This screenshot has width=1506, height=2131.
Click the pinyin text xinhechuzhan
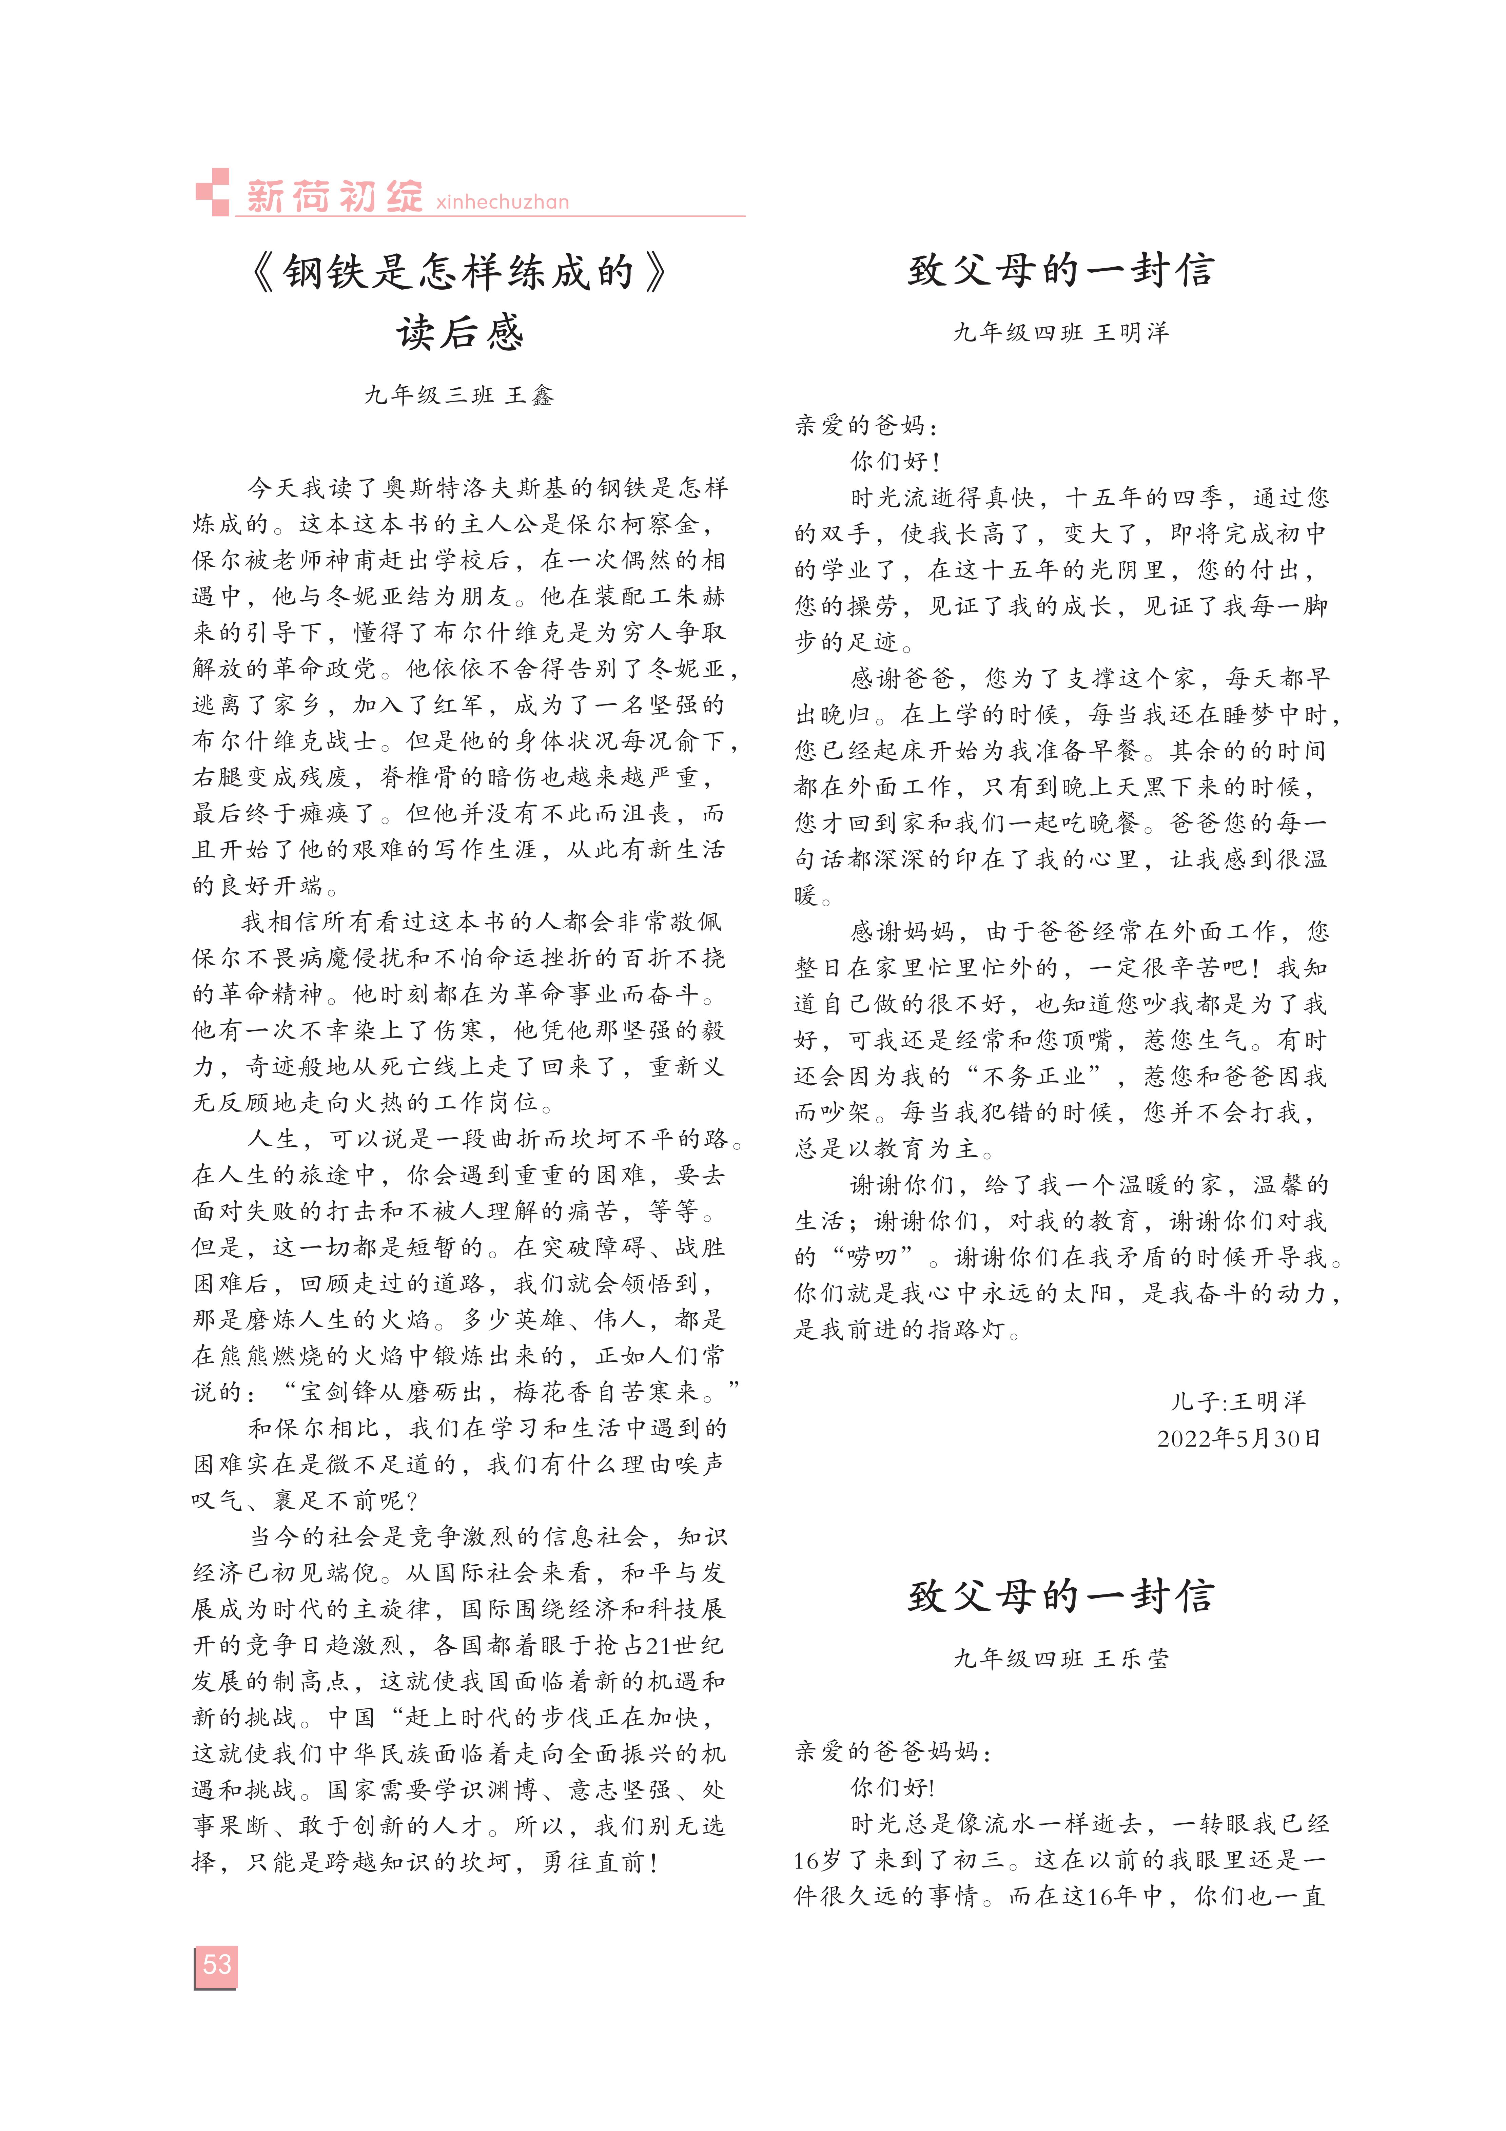coord(502,201)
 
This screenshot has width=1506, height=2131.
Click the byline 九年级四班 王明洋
coord(1061,332)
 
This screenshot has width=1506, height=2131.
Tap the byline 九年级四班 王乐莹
coord(1061,1659)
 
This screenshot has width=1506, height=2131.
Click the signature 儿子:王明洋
coord(1238,1401)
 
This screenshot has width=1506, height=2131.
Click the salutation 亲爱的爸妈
coord(865,425)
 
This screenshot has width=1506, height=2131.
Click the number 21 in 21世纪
coord(657,1646)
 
